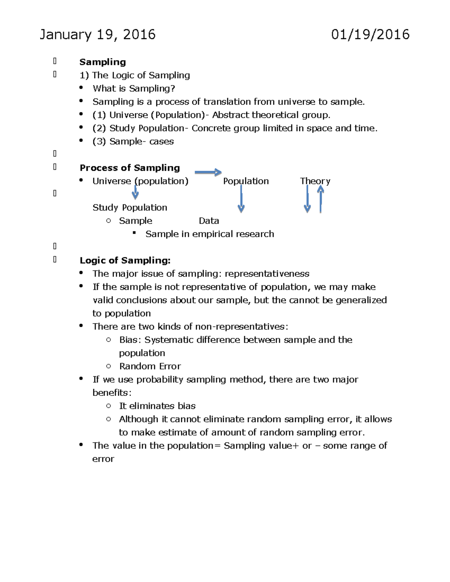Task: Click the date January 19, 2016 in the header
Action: [x=97, y=35]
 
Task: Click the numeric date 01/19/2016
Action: [x=370, y=35]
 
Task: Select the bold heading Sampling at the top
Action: [x=102, y=62]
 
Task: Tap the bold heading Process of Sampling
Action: [x=130, y=168]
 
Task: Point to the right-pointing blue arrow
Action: [x=208, y=172]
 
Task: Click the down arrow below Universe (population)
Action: [x=135, y=193]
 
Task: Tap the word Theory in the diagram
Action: [x=315, y=181]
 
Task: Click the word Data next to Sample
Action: [x=209, y=221]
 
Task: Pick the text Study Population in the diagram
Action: [x=130, y=208]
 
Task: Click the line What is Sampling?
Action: [x=134, y=89]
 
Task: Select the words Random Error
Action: [x=150, y=366]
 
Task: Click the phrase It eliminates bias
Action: [x=157, y=406]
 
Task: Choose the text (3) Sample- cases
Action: [x=133, y=142]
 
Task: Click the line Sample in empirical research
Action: [x=210, y=234]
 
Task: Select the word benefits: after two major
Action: [x=112, y=393]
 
